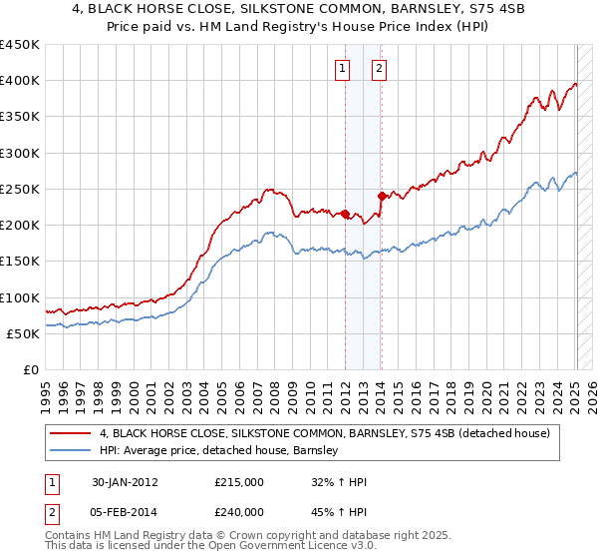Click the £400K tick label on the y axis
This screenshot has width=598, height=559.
[x=20, y=81]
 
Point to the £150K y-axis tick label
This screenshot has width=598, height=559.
[x=20, y=262]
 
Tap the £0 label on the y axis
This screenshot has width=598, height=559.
[x=31, y=370]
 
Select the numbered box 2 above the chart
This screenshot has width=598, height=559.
[x=381, y=69]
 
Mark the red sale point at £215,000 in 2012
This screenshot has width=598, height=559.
[x=345, y=214]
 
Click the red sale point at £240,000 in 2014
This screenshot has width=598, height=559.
[x=381, y=196]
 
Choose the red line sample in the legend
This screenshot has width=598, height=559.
[x=71, y=433]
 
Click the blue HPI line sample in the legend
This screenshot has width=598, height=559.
[x=71, y=450]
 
